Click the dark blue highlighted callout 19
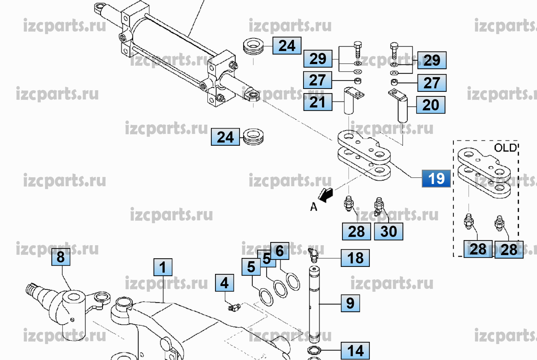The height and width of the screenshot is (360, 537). click(x=436, y=179)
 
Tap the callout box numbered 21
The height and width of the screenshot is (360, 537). click(x=317, y=102)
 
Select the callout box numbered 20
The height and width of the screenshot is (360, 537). click(x=431, y=105)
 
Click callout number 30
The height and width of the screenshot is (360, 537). click(x=388, y=231)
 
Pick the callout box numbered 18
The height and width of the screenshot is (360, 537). click(x=355, y=258)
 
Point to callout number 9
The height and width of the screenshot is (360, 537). click(x=350, y=303)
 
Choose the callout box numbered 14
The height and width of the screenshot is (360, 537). click(x=355, y=351)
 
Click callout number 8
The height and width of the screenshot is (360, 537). click(x=61, y=257)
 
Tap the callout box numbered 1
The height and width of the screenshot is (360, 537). click(x=163, y=267)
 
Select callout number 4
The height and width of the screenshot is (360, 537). click(x=224, y=283)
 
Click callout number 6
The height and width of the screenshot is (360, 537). click(x=280, y=251)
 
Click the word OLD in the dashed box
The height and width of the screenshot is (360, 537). click(x=505, y=148)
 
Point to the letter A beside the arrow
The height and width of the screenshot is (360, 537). click(x=314, y=207)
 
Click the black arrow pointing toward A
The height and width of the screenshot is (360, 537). click(x=326, y=195)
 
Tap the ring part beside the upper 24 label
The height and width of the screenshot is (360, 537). click(x=253, y=47)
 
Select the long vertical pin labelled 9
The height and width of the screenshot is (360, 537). click(x=314, y=303)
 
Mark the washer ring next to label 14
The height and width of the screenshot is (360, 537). click(x=314, y=350)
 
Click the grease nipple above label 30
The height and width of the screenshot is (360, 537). click(x=379, y=205)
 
